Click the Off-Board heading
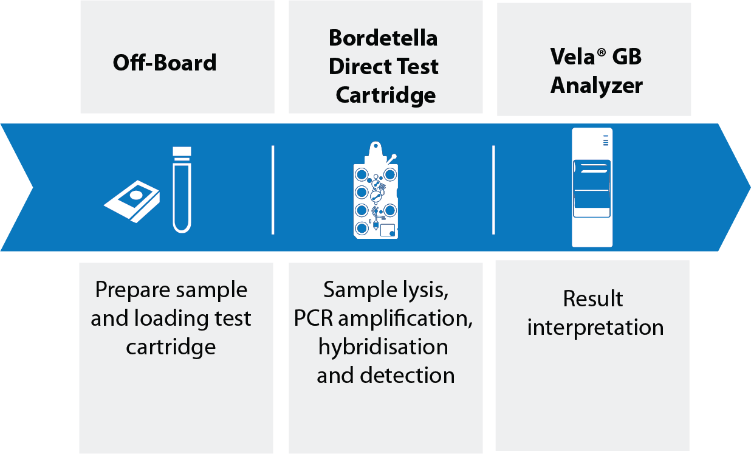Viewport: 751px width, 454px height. pos(165,63)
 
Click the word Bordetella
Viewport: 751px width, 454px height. pos(383,38)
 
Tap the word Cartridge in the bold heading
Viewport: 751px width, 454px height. pos(386,95)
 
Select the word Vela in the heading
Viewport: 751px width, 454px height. pos(572,56)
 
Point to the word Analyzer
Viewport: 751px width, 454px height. pos(597,86)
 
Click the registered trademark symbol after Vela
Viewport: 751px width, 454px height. pos(602,53)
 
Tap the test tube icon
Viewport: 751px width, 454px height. pos(182,190)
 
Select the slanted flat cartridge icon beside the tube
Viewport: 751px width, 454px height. pos(132,201)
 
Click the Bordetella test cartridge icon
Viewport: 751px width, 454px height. pos(376,190)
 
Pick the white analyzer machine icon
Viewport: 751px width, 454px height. pos(592,187)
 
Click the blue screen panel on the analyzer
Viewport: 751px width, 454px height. pos(592,188)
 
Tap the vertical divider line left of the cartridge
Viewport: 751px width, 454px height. pos(273,190)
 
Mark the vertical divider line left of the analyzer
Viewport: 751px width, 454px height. pos(493,190)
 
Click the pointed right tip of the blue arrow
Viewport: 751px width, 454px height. pos(750,187)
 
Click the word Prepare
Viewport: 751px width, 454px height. pos(132,291)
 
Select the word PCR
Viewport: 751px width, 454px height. pos(314,318)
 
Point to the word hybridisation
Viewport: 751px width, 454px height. pos(383,346)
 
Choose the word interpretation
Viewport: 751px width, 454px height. pos(595,328)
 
